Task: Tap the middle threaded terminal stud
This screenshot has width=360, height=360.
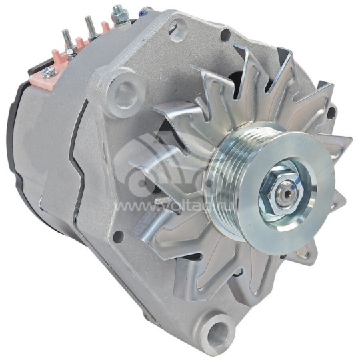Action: [x=89, y=27]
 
